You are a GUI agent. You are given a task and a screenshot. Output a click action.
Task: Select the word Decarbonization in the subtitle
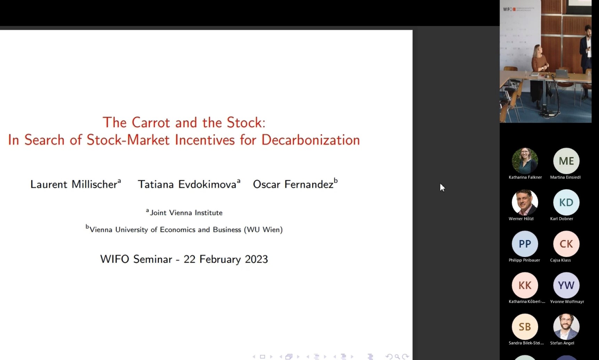click(310, 140)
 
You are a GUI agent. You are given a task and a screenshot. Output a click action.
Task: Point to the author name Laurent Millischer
click(74, 184)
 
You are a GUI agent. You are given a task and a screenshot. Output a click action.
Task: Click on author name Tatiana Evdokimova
click(187, 184)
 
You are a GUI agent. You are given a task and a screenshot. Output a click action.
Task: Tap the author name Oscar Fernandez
click(293, 184)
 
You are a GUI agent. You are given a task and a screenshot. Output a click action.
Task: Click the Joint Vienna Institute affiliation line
click(185, 212)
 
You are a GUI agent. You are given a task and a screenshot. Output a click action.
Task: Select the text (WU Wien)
click(263, 230)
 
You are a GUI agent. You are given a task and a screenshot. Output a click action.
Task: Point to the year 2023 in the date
click(256, 259)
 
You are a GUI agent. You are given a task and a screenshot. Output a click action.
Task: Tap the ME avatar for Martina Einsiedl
click(566, 161)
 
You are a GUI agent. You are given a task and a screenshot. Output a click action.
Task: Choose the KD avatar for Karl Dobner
click(566, 202)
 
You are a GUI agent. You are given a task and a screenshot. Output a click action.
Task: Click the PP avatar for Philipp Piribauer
click(525, 243)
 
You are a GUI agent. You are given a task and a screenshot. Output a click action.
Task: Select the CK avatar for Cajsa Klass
click(566, 243)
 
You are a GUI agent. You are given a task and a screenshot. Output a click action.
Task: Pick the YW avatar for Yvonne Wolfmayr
click(566, 285)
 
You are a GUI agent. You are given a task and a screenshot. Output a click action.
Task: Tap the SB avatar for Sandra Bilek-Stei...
click(525, 327)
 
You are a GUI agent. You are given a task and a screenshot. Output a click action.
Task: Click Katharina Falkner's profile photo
click(525, 161)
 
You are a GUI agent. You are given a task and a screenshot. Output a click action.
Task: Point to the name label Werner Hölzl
click(521, 218)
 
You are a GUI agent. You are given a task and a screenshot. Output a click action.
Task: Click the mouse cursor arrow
click(442, 187)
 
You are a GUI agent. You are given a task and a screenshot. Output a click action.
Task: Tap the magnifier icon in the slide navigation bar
click(397, 357)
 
